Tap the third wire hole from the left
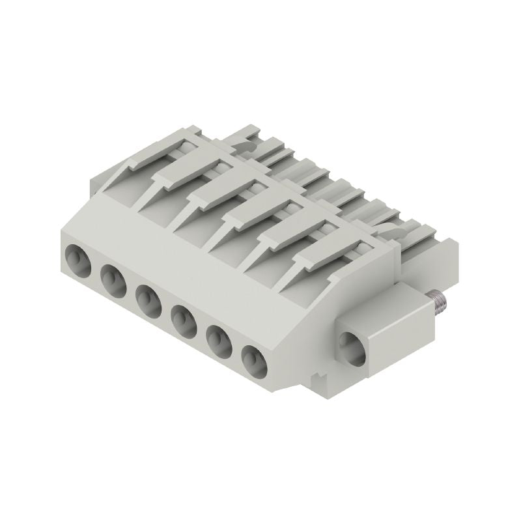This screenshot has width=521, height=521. [x=148, y=301]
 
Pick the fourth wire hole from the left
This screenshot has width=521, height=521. [x=184, y=321]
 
